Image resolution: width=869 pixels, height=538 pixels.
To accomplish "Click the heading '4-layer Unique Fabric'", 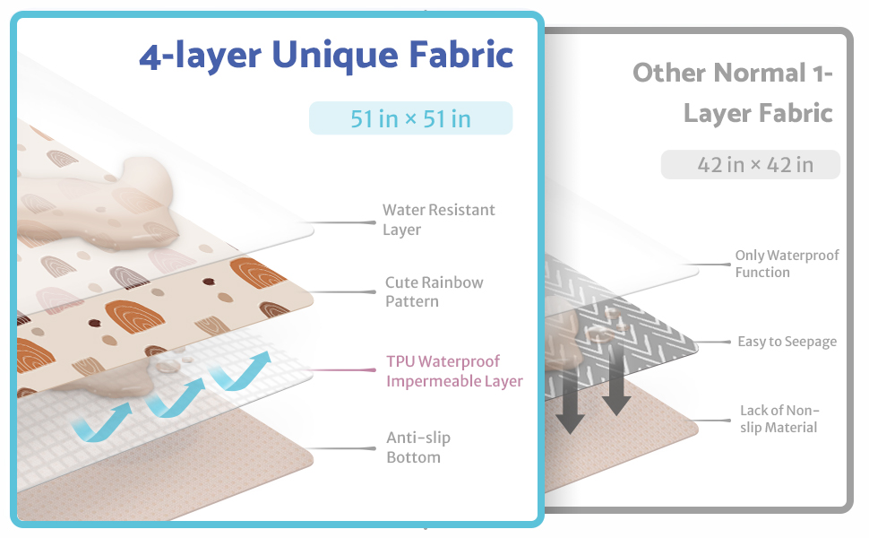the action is [326, 56].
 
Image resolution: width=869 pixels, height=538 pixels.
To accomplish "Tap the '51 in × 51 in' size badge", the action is [410, 118].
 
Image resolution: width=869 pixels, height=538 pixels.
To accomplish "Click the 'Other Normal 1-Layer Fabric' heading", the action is [733, 92].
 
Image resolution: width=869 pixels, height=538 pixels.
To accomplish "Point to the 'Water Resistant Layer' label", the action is [439, 220].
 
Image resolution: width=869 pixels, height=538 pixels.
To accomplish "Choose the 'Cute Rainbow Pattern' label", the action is [434, 291].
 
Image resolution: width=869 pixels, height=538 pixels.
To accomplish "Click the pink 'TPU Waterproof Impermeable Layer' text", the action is [455, 371].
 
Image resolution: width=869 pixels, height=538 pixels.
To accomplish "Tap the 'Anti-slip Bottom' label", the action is [418, 447].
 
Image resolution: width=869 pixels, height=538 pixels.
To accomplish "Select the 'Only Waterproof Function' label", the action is [787, 264].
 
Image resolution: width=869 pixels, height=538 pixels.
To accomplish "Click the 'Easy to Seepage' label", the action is [787, 342].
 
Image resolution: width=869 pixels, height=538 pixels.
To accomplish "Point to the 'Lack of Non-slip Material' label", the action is [779, 419].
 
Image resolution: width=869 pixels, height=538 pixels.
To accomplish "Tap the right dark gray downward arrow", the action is [615, 381].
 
